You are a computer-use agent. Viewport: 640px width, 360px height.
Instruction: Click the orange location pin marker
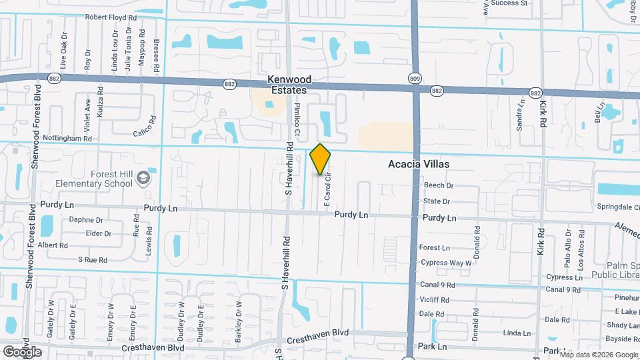(x=321, y=159)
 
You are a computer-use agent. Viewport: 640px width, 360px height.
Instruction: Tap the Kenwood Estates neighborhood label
(x=289, y=84)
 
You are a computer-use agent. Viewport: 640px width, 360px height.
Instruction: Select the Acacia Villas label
(x=419, y=164)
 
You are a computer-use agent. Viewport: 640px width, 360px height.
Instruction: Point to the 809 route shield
(x=415, y=79)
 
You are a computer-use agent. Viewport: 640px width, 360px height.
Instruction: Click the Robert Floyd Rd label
(x=111, y=17)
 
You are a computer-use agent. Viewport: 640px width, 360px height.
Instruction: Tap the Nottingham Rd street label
(x=67, y=138)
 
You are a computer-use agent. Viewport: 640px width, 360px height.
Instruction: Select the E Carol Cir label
(x=327, y=190)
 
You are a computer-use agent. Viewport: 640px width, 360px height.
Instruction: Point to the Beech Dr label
(x=438, y=185)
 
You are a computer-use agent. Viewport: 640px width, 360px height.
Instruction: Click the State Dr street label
(x=437, y=201)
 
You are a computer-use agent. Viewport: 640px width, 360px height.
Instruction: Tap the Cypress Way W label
(x=446, y=263)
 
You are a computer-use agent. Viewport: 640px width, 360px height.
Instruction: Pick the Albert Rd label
(x=53, y=245)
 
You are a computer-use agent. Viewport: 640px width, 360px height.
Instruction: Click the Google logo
(x=22, y=351)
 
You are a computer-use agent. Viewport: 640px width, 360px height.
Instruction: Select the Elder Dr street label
(x=99, y=233)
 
